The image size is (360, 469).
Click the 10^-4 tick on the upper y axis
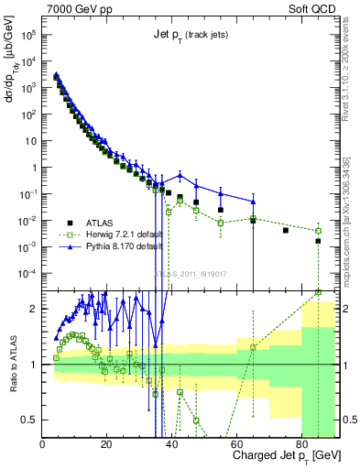pos(27,273)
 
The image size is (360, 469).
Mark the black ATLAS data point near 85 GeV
pos(318,242)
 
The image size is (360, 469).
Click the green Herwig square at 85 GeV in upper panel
pos(318,231)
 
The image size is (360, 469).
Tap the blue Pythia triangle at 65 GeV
pos(254,201)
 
